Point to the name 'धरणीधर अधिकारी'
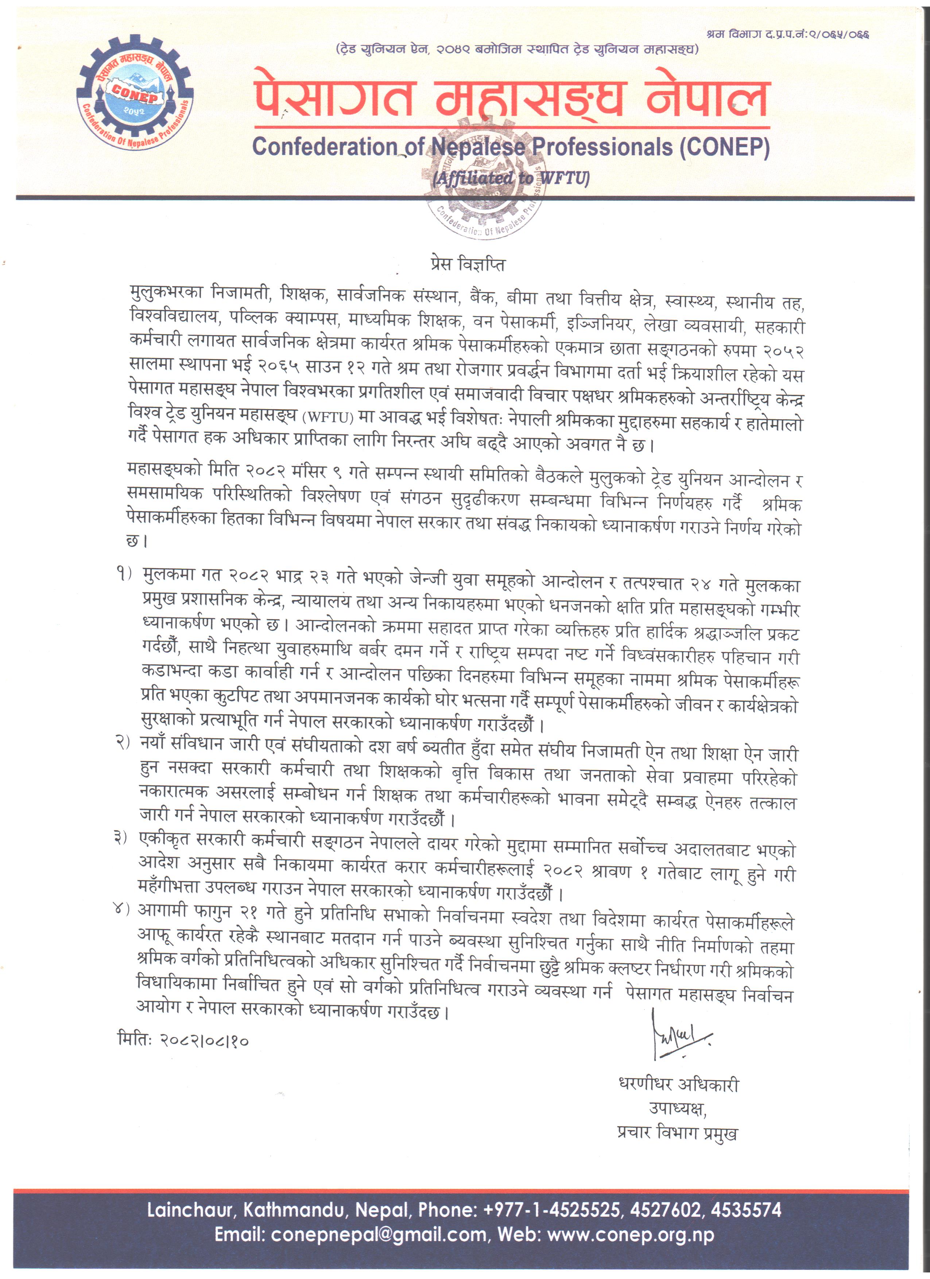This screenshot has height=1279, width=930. (x=678, y=1084)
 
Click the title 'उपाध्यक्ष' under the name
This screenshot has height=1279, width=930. (x=677, y=1109)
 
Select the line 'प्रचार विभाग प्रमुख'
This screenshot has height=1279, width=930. (x=677, y=1133)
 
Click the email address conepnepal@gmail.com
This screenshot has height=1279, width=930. (x=379, y=1235)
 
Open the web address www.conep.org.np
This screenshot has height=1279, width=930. (x=631, y=1235)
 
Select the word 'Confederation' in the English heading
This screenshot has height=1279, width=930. (x=324, y=147)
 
